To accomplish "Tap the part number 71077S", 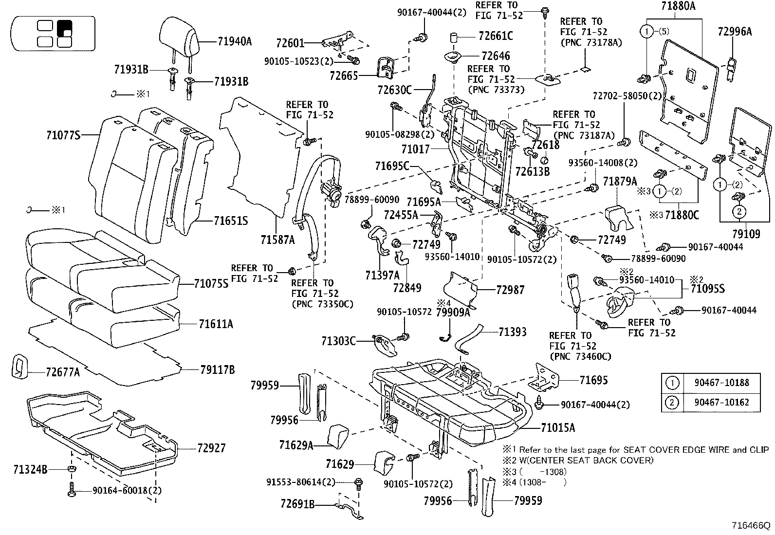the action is [x=63, y=135].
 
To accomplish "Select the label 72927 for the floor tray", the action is [x=211, y=448].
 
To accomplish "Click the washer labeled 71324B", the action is [x=72, y=469].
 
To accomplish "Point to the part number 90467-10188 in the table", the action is [x=721, y=383].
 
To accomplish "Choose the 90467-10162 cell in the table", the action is [x=721, y=402].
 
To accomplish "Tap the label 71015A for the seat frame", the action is [x=558, y=428].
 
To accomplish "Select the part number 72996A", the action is [x=735, y=32].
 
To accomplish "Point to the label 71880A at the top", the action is [x=678, y=6].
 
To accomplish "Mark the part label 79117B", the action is [x=218, y=370].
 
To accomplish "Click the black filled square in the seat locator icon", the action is [x=64, y=29].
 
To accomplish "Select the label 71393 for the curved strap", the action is [x=513, y=332].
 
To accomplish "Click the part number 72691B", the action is [x=298, y=504].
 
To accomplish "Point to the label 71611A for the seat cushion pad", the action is [x=216, y=324].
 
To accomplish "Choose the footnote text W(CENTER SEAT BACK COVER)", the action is [x=586, y=460].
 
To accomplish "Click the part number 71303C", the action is [x=338, y=341].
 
